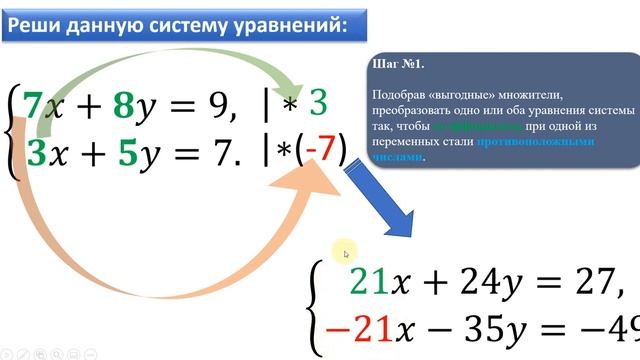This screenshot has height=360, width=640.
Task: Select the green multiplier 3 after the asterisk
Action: coord(318,102)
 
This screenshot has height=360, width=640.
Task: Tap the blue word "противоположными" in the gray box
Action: coord(535,142)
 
